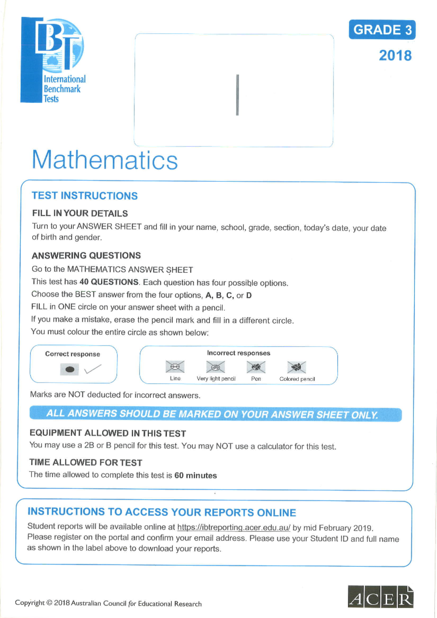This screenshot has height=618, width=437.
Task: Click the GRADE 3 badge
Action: [x=382, y=30]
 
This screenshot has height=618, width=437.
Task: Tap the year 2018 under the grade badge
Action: [x=395, y=56]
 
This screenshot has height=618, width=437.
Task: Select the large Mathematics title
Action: [x=105, y=160]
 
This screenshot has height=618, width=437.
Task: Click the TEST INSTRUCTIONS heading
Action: [x=84, y=196]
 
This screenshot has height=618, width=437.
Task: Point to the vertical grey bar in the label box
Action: [x=237, y=95]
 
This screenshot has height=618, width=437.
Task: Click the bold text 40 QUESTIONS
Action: [x=109, y=282]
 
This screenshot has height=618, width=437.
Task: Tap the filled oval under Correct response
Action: [x=70, y=370]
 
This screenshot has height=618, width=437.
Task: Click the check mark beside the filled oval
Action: [x=92, y=369]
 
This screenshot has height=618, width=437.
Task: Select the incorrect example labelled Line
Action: [x=175, y=367]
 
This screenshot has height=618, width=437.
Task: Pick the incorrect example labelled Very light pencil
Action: [x=216, y=367]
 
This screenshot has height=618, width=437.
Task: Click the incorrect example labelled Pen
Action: [x=256, y=367]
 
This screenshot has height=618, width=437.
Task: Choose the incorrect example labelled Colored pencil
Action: [x=296, y=367]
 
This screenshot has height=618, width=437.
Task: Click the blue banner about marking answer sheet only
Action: [x=215, y=414]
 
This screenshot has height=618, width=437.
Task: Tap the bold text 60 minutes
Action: [x=196, y=476]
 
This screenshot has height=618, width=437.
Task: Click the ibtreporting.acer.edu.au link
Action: [x=233, y=527]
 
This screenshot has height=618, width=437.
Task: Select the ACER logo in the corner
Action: [x=380, y=597]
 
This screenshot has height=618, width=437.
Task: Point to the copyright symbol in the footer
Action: [x=50, y=603]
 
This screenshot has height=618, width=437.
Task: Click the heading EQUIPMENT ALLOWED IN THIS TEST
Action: [x=108, y=433]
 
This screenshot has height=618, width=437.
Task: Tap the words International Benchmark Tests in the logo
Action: [x=64, y=89]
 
